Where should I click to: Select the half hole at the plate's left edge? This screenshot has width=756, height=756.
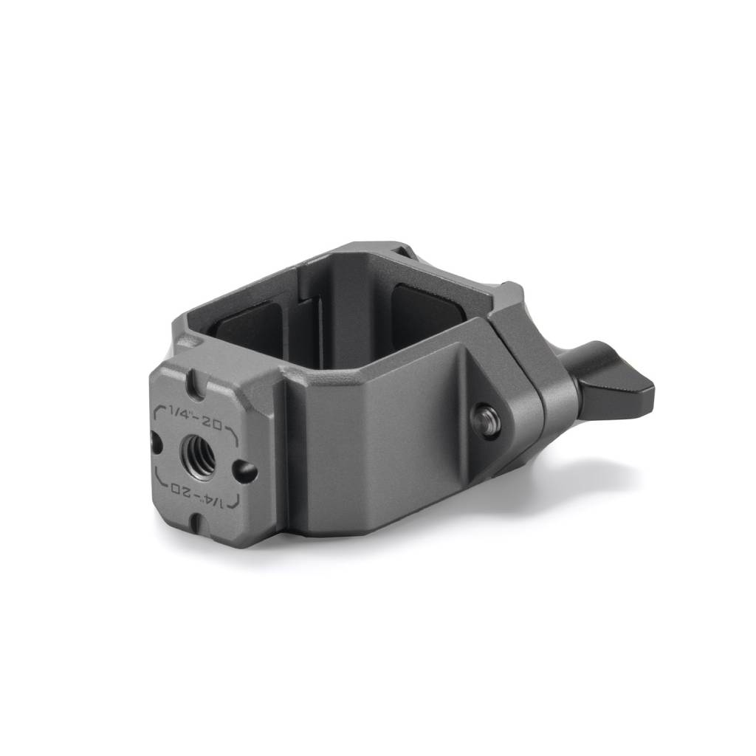(155, 442)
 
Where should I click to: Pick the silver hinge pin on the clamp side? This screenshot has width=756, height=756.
(485, 419)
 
